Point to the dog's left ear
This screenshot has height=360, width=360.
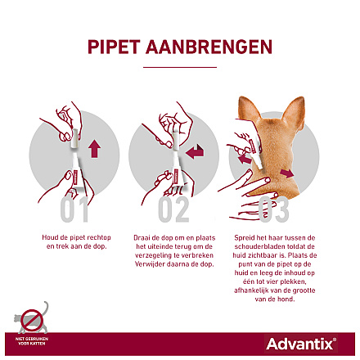pos(245,110)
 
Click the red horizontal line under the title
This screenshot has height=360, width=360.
pos(179,67)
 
